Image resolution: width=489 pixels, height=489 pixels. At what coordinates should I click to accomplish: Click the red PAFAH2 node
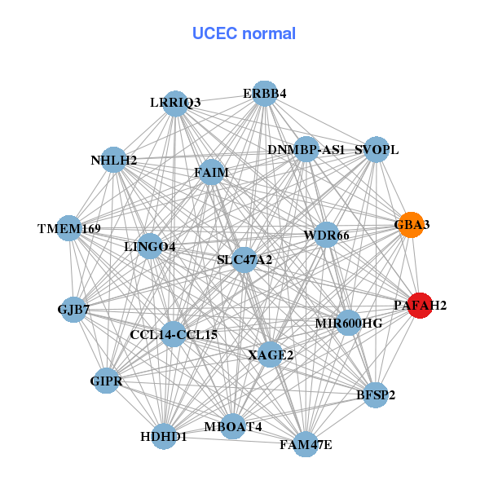coord(419,306)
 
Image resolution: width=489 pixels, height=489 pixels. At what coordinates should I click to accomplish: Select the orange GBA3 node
coord(411,225)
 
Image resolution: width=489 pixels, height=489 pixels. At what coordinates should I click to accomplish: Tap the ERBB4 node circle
coord(263,94)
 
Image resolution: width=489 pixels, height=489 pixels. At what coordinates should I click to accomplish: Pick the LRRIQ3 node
coord(176,103)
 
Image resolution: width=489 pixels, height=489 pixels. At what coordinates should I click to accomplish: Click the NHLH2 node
coord(115,160)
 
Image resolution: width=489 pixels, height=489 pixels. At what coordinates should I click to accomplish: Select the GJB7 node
coord(73,309)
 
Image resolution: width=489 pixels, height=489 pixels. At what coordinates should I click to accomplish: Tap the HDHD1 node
coord(164,436)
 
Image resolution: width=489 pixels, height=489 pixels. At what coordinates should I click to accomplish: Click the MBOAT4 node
coord(233,426)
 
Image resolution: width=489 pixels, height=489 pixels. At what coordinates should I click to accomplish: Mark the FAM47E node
coord(306,443)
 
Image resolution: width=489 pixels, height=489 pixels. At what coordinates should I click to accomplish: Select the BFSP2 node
coord(375,395)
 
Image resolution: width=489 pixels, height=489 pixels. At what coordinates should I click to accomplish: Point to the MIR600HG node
coord(349,323)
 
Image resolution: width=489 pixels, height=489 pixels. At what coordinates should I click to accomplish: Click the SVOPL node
coord(376,150)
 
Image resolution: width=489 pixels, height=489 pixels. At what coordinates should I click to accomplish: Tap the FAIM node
coord(211,173)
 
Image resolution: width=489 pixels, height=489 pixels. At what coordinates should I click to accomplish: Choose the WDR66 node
coord(326,235)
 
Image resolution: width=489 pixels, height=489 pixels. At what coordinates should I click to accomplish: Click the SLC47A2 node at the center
coord(244,261)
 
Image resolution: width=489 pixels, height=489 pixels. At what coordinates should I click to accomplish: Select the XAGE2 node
coord(271,354)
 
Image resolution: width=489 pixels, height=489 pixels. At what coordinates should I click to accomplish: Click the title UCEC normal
coord(244,33)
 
